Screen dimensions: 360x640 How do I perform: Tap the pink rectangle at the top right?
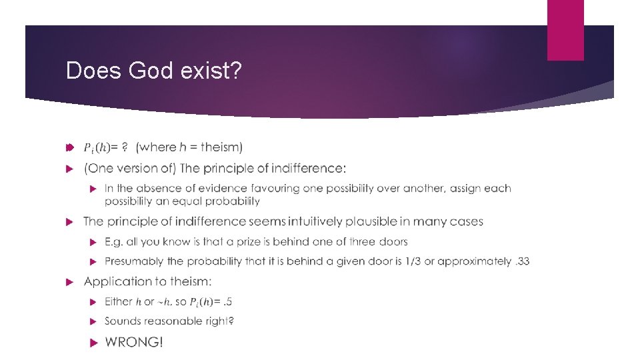pos(565,30)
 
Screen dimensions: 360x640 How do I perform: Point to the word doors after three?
pos(393,241)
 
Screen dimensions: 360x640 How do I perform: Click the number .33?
pos(522,261)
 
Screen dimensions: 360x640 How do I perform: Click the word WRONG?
pos(133,342)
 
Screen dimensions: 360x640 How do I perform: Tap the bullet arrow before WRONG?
pos(94,342)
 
